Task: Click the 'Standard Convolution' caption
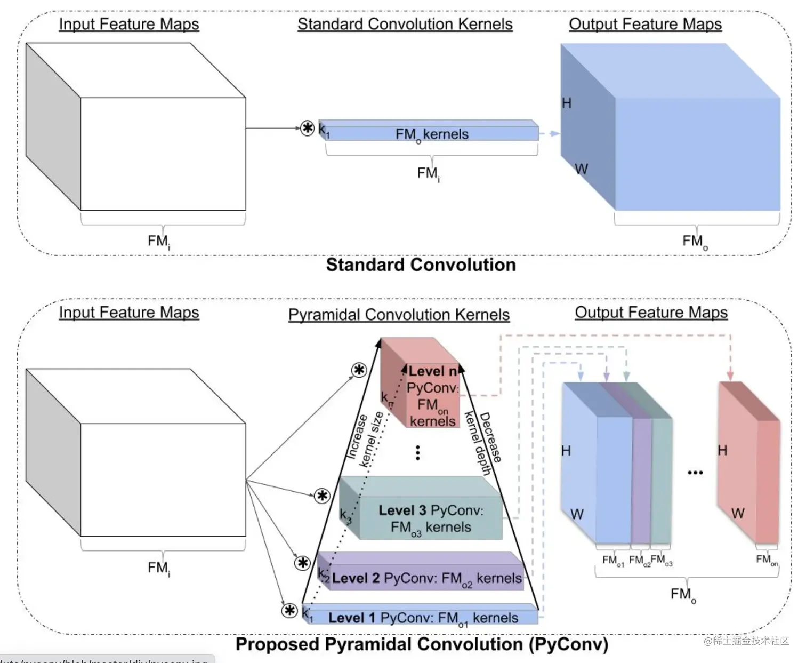coord(421,265)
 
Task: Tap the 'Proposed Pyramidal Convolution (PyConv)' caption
coord(422,644)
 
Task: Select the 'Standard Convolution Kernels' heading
coord(405,24)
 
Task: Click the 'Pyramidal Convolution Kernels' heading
coord(399,315)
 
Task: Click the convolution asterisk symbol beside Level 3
coord(322,496)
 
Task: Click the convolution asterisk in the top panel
coord(308,128)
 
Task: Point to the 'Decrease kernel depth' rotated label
coord(483,443)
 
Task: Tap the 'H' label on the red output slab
coord(722,451)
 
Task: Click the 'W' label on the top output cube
coord(581,169)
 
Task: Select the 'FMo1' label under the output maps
coord(613,561)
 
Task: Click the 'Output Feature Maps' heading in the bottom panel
coord(651,313)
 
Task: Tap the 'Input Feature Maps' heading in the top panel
coord(128,24)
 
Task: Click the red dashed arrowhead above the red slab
coord(730,376)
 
